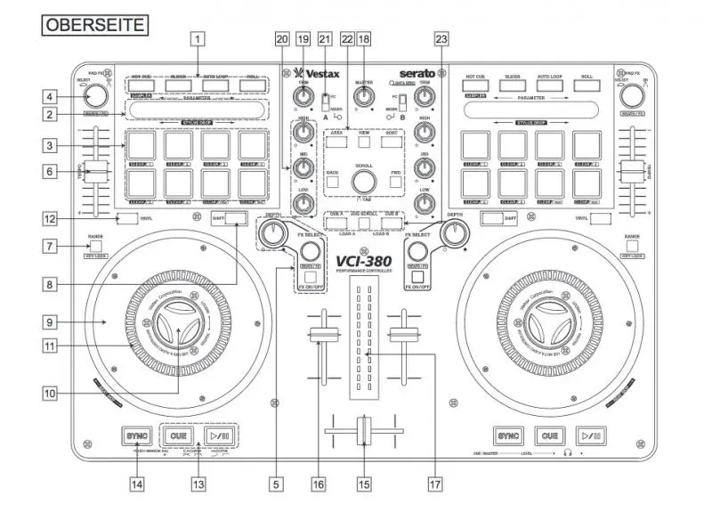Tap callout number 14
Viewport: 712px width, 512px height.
[x=136, y=484]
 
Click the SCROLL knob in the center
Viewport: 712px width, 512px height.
[x=362, y=182]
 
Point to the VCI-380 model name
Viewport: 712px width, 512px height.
[x=362, y=264]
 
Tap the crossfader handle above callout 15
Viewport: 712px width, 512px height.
[x=362, y=431]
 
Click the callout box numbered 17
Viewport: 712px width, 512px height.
[x=434, y=484]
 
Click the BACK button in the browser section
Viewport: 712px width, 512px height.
[x=332, y=182]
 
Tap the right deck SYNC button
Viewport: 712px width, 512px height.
[x=507, y=436]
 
